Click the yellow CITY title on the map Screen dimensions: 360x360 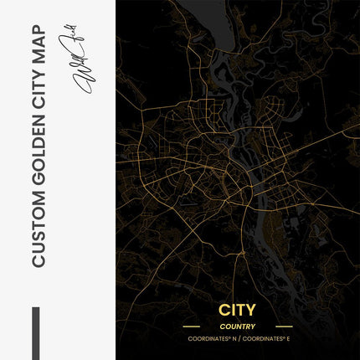[x=238, y=311]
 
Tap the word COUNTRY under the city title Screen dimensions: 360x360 [x=238, y=327]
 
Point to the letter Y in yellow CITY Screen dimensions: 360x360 [x=253, y=311]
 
